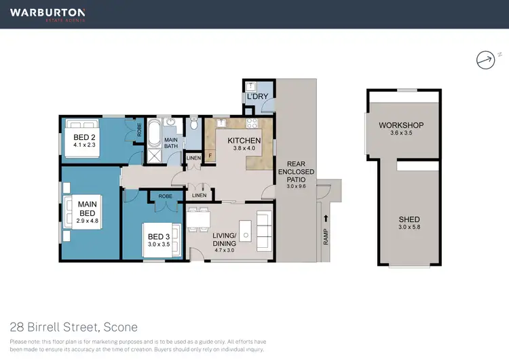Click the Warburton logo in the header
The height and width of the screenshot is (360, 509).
[x=48, y=14]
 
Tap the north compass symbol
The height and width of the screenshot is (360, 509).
[x=485, y=60]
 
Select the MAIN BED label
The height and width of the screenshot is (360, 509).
[x=86, y=209]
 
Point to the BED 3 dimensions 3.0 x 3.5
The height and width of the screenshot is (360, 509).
[x=159, y=245]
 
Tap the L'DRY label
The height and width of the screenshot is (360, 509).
[x=257, y=97]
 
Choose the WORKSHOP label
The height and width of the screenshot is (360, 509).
[x=401, y=126]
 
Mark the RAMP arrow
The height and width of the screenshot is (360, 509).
[x=326, y=219]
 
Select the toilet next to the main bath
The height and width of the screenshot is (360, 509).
[x=194, y=124]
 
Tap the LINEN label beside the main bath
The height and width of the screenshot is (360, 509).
[x=193, y=158]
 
